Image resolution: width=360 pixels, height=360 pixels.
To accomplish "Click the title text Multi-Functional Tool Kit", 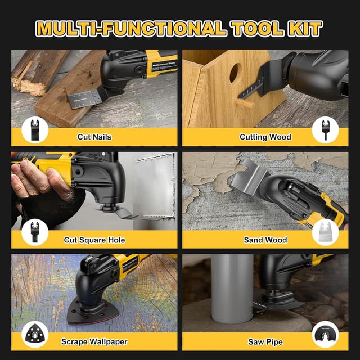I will pyautogui.click(x=179, y=28).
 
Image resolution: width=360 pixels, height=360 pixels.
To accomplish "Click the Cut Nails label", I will pyautogui.click(x=94, y=137).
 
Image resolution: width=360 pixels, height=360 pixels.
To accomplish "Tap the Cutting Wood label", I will pyautogui.click(x=265, y=137).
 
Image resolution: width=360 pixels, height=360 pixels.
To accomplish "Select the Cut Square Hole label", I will pyautogui.click(x=94, y=240).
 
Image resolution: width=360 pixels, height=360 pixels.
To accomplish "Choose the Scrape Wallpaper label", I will pyautogui.click(x=94, y=341).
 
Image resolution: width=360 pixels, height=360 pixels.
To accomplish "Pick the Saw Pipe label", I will pyautogui.click(x=265, y=341).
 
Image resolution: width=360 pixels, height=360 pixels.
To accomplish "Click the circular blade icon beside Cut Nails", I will pyautogui.click(x=35, y=131).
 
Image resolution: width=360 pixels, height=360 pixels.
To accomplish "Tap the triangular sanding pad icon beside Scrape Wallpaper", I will pyautogui.click(x=35, y=336).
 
